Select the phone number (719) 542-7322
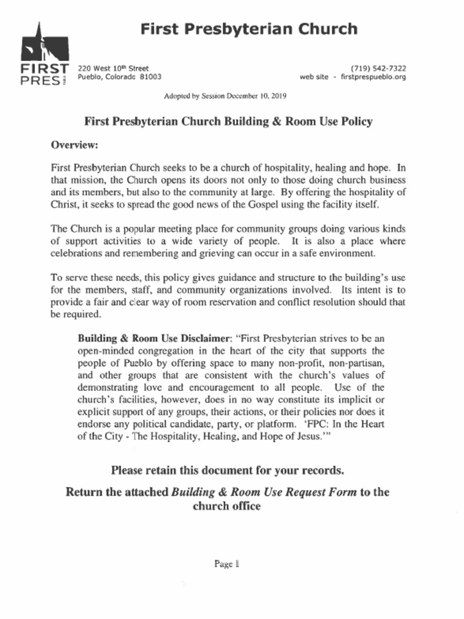coord(378,68)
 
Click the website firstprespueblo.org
coord(373,77)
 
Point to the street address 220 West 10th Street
coord(114,68)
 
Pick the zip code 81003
coord(150,77)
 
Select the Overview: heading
coord(74,145)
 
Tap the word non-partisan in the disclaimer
coord(355,363)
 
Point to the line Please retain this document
coord(227,470)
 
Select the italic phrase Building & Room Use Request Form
coord(264,491)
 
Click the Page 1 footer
coord(227,564)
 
